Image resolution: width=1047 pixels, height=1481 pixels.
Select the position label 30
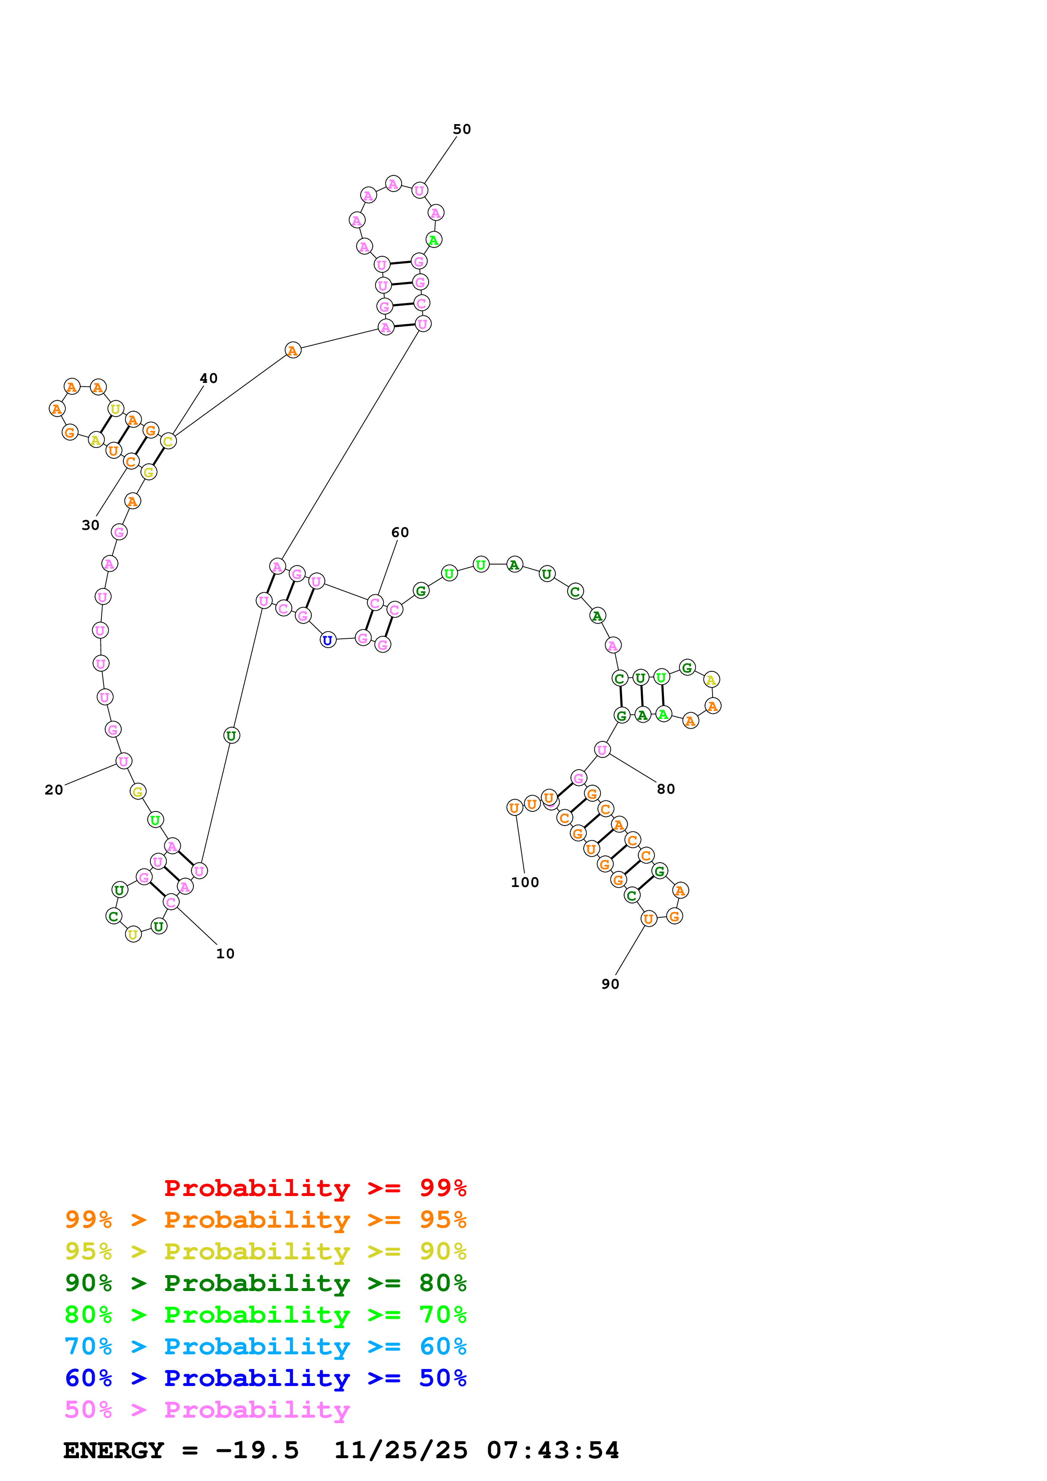click(90, 525)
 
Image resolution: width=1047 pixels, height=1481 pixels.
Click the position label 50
click(462, 129)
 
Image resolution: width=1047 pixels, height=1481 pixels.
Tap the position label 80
click(666, 789)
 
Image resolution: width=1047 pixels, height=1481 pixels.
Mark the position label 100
click(525, 882)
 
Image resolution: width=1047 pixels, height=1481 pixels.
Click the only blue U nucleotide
click(328, 640)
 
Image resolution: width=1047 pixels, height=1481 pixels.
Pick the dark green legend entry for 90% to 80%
click(265, 1283)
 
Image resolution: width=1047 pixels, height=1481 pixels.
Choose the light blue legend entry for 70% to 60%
click(265, 1346)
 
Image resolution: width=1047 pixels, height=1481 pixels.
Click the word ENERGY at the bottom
click(114, 1450)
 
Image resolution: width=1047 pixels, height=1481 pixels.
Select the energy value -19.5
click(257, 1450)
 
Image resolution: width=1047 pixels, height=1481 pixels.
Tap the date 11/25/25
click(401, 1450)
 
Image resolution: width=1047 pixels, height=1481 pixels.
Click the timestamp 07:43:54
click(553, 1450)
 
